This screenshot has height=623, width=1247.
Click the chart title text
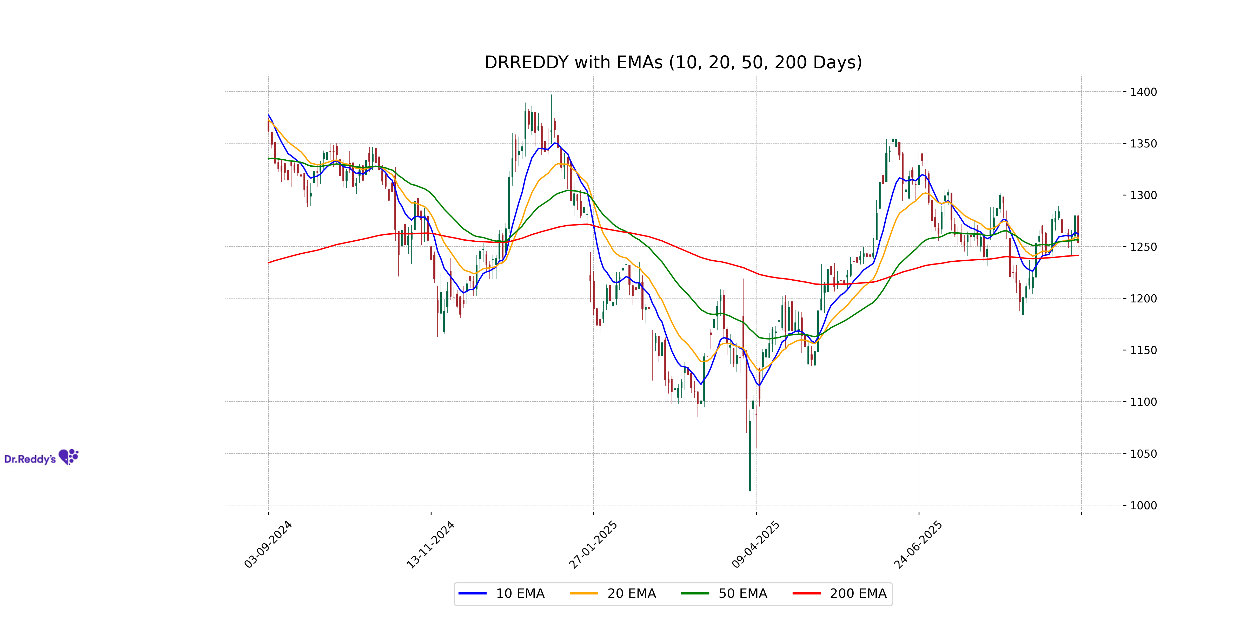[673, 62]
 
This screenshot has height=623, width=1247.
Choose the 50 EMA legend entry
[724, 593]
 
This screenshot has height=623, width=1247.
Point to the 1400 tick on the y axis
[1143, 92]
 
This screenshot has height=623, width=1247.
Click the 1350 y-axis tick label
[1143, 144]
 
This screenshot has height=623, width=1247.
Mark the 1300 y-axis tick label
[1143, 195]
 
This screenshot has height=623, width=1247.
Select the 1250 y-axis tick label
[1143, 247]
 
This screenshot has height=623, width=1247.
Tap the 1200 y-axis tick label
[1143, 299]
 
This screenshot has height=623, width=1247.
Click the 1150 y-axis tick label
[1143, 350]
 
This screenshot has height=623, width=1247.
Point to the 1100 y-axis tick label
[1143, 402]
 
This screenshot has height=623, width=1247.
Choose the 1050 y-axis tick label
[1143, 454]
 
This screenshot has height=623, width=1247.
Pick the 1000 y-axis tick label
[1143, 505]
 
